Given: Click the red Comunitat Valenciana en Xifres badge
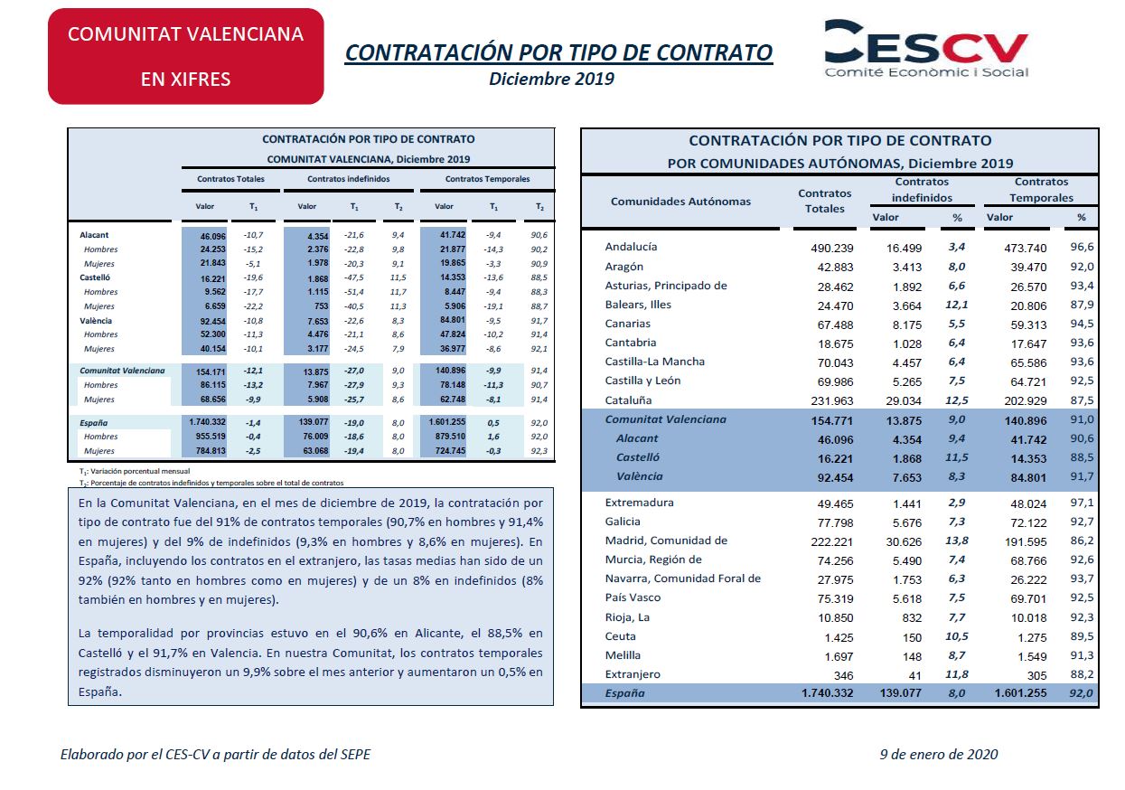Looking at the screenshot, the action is [186, 56].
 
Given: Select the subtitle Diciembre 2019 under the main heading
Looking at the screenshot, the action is [551, 79].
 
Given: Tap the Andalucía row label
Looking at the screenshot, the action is [631, 247].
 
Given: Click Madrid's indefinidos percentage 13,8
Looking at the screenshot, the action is [956, 541].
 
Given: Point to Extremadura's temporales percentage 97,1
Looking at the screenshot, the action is [1082, 503].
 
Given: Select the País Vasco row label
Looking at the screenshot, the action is [633, 597].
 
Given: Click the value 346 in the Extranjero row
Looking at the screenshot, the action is [843, 676].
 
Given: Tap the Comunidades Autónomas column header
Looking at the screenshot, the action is [680, 202].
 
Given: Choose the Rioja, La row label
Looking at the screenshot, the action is [627, 617].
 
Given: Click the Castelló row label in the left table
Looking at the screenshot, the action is [94, 277].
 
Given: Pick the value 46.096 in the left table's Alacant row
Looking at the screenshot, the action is [213, 236].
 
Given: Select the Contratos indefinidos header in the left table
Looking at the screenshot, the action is [349, 179].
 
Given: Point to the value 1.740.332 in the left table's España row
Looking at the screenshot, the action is [208, 422].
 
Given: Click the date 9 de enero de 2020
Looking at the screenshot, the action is [939, 755].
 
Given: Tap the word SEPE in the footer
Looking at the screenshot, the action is [356, 755].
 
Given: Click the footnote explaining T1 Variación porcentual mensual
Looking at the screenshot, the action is [135, 472].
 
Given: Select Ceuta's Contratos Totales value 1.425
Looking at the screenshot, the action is [839, 638].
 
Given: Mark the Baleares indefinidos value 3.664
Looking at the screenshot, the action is [907, 306].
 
